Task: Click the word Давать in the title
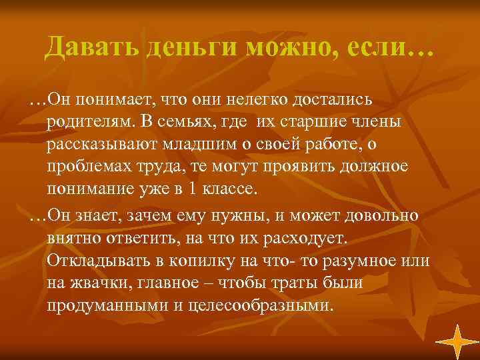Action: pos(87,48)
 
